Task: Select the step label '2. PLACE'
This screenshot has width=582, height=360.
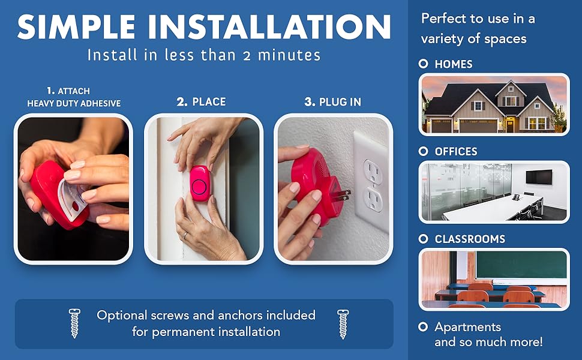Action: (x=201, y=102)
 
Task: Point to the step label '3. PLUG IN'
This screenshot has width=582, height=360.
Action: (x=332, y=102)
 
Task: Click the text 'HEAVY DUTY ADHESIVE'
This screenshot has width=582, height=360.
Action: (x=74, y=103)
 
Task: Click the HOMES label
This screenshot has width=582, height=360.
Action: (x=453, y=64)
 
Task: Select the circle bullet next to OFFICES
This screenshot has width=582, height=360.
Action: (x=424, y=152)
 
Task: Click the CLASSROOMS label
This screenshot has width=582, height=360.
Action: (x=470, y=239)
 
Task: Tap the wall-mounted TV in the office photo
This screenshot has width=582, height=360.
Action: (x=538, y=176)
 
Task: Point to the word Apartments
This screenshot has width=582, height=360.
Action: (x=467, y=328)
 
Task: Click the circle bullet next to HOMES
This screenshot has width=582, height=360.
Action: (x=424, y=64)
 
